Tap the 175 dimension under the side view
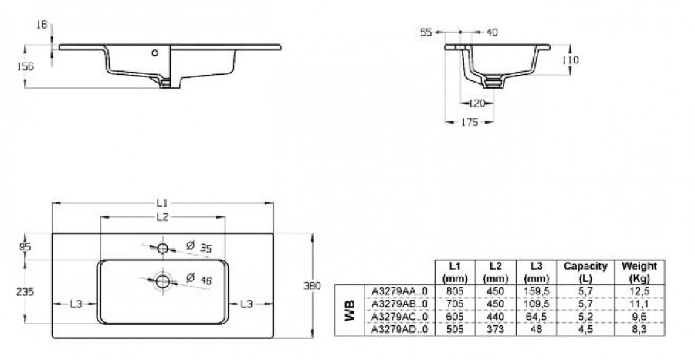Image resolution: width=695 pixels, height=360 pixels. coord(470,122)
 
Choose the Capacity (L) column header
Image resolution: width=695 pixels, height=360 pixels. coord(585,271)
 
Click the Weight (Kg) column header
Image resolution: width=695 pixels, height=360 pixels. coord(639,271)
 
